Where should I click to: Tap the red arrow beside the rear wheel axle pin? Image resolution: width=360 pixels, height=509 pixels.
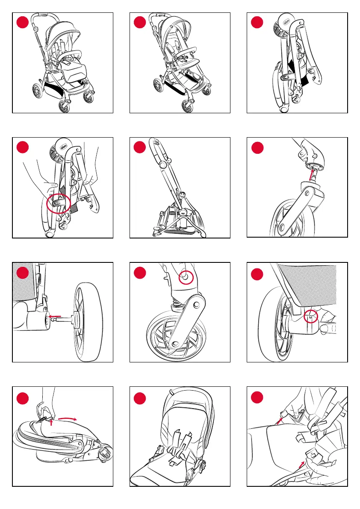click(x=54, y=317)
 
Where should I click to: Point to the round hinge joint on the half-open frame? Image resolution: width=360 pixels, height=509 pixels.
click(x=162, y=165)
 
